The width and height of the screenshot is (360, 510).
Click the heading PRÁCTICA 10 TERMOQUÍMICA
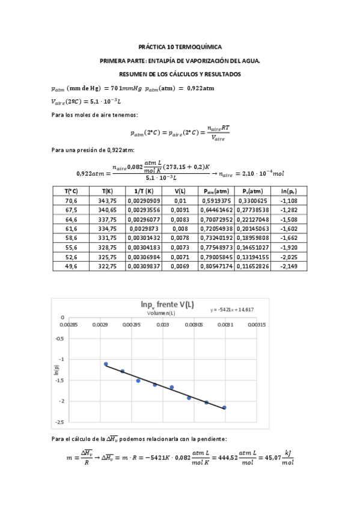point(180,46)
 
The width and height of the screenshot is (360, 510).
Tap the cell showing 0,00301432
point(144,238)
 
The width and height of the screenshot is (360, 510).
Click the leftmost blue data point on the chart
point(106,364)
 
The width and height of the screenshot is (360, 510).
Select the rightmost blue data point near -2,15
point(224,407)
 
